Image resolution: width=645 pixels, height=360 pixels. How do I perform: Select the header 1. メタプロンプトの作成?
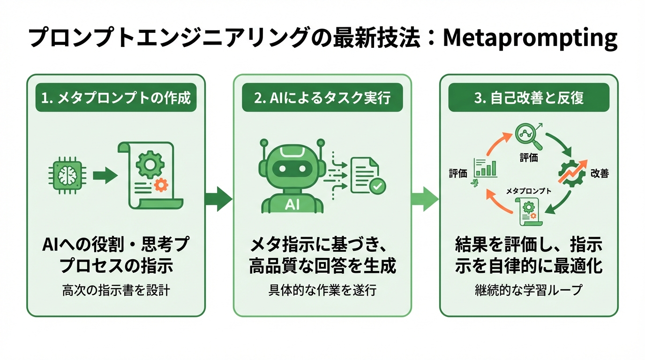point(115,98)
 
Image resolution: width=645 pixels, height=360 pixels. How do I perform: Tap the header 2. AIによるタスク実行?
point(322,98)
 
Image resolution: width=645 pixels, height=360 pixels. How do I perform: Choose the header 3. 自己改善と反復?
point(529,98)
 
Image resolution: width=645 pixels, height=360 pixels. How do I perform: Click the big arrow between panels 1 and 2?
point(218,199)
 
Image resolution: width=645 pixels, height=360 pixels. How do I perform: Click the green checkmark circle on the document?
point(377,187)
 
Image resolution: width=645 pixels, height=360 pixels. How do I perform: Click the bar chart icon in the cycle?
point(485,168)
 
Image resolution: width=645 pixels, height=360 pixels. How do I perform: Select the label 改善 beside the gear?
point(600,174)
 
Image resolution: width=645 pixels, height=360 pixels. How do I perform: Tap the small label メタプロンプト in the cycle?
point(529,191)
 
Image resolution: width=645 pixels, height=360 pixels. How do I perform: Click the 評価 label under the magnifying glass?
point(529,158)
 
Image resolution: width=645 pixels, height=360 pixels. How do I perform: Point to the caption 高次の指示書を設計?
point(115,291)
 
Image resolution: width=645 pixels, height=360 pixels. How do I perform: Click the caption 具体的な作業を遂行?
point(322,291)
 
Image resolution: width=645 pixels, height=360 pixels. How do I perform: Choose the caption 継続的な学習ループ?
point(529,291)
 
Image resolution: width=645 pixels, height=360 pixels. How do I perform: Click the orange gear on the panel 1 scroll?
point(161,186)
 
